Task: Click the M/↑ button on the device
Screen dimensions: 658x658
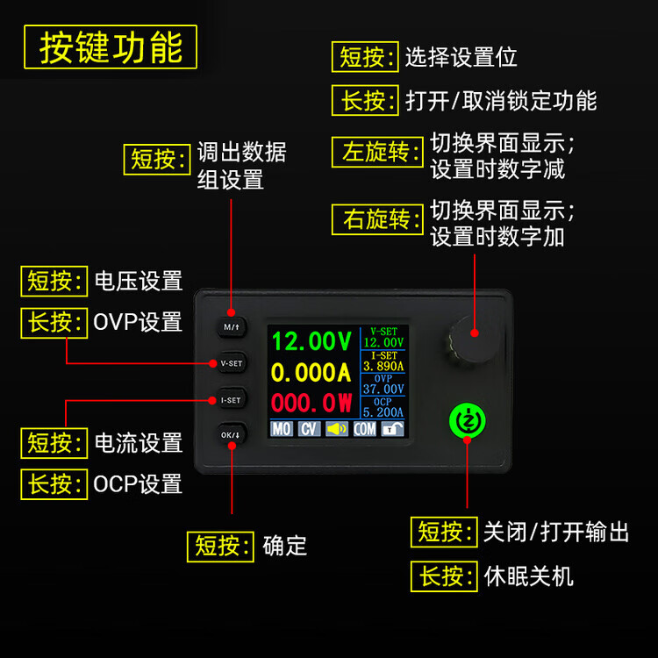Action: click(x=232, y=327)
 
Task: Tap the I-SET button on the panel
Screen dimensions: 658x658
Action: click(x=232, y=400)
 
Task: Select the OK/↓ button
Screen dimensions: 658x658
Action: click(x=232, y=435)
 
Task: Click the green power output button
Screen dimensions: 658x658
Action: click(x=467, y=421)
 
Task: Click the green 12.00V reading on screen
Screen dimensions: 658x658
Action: click(x=311, y=340)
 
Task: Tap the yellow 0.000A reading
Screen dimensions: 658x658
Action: click(x=311, y=372)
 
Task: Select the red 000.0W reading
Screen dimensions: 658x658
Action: click(x=311, y=403)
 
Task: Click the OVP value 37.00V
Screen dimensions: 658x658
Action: click(x=383, y=389)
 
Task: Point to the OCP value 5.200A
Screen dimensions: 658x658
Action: click(x=383, y=412)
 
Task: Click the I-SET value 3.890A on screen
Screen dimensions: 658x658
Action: click(x=383, y=366)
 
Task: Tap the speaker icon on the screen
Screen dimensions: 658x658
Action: click(x=337, y=429)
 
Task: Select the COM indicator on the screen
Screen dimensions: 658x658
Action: click(x=365, y=429)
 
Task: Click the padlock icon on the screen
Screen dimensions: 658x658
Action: click(x=392, y=429)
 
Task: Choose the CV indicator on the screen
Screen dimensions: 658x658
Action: click(x=310, y=429)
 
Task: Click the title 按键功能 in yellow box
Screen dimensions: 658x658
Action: click(x=111, y=47)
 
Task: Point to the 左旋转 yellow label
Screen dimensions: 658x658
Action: click(x=377, y=152)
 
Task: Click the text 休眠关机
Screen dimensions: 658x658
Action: click(x=528, y=576)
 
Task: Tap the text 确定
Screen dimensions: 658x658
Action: click(x=285, y=546)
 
